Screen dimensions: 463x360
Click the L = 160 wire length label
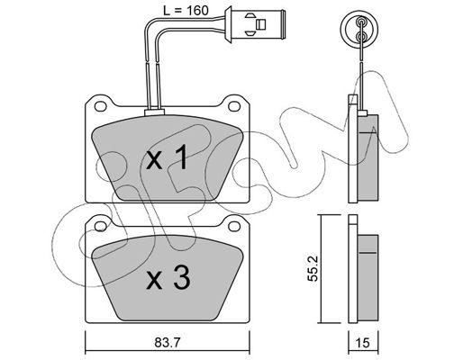tap(186, 11)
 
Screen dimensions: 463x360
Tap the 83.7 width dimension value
tap(168, 342)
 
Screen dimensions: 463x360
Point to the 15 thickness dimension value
tap(362, 342)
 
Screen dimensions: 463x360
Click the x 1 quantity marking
tap(168, 157)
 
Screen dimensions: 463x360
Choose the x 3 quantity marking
tap(168, 279)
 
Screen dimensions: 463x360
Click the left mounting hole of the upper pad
tap(101, 105)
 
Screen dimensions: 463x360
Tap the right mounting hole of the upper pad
tap(234, 105)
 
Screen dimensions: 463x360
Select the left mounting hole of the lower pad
tap(101, 227)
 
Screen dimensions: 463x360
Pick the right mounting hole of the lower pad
tap(234, 227)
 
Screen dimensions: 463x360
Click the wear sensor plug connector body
tap(254, 25)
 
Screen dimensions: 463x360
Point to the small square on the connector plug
tap(260, 24)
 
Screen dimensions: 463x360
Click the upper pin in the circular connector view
tap(360, 22)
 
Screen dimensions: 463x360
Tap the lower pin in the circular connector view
tap(360, 37)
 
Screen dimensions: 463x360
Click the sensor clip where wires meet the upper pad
tap(154, 112)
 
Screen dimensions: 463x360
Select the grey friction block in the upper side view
tap(368, 157)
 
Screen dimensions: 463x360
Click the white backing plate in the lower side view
tap(353, 269)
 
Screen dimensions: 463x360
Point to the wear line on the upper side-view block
tap(368, 132)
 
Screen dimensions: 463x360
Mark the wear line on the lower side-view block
tap(368, 253)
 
